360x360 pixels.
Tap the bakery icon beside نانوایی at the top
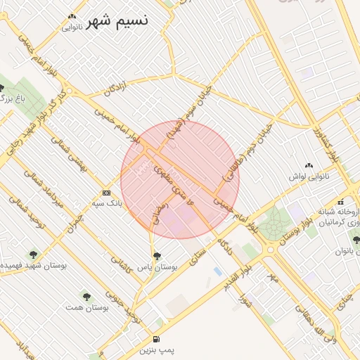(72, 18)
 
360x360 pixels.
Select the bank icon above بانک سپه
(106, 193)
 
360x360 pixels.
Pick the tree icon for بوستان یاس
(156, 256)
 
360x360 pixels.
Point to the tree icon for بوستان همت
(86, 297)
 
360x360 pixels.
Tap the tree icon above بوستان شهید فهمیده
(33, 254)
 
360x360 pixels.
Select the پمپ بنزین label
(156, 349)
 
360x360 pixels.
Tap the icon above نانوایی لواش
(309, 165)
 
